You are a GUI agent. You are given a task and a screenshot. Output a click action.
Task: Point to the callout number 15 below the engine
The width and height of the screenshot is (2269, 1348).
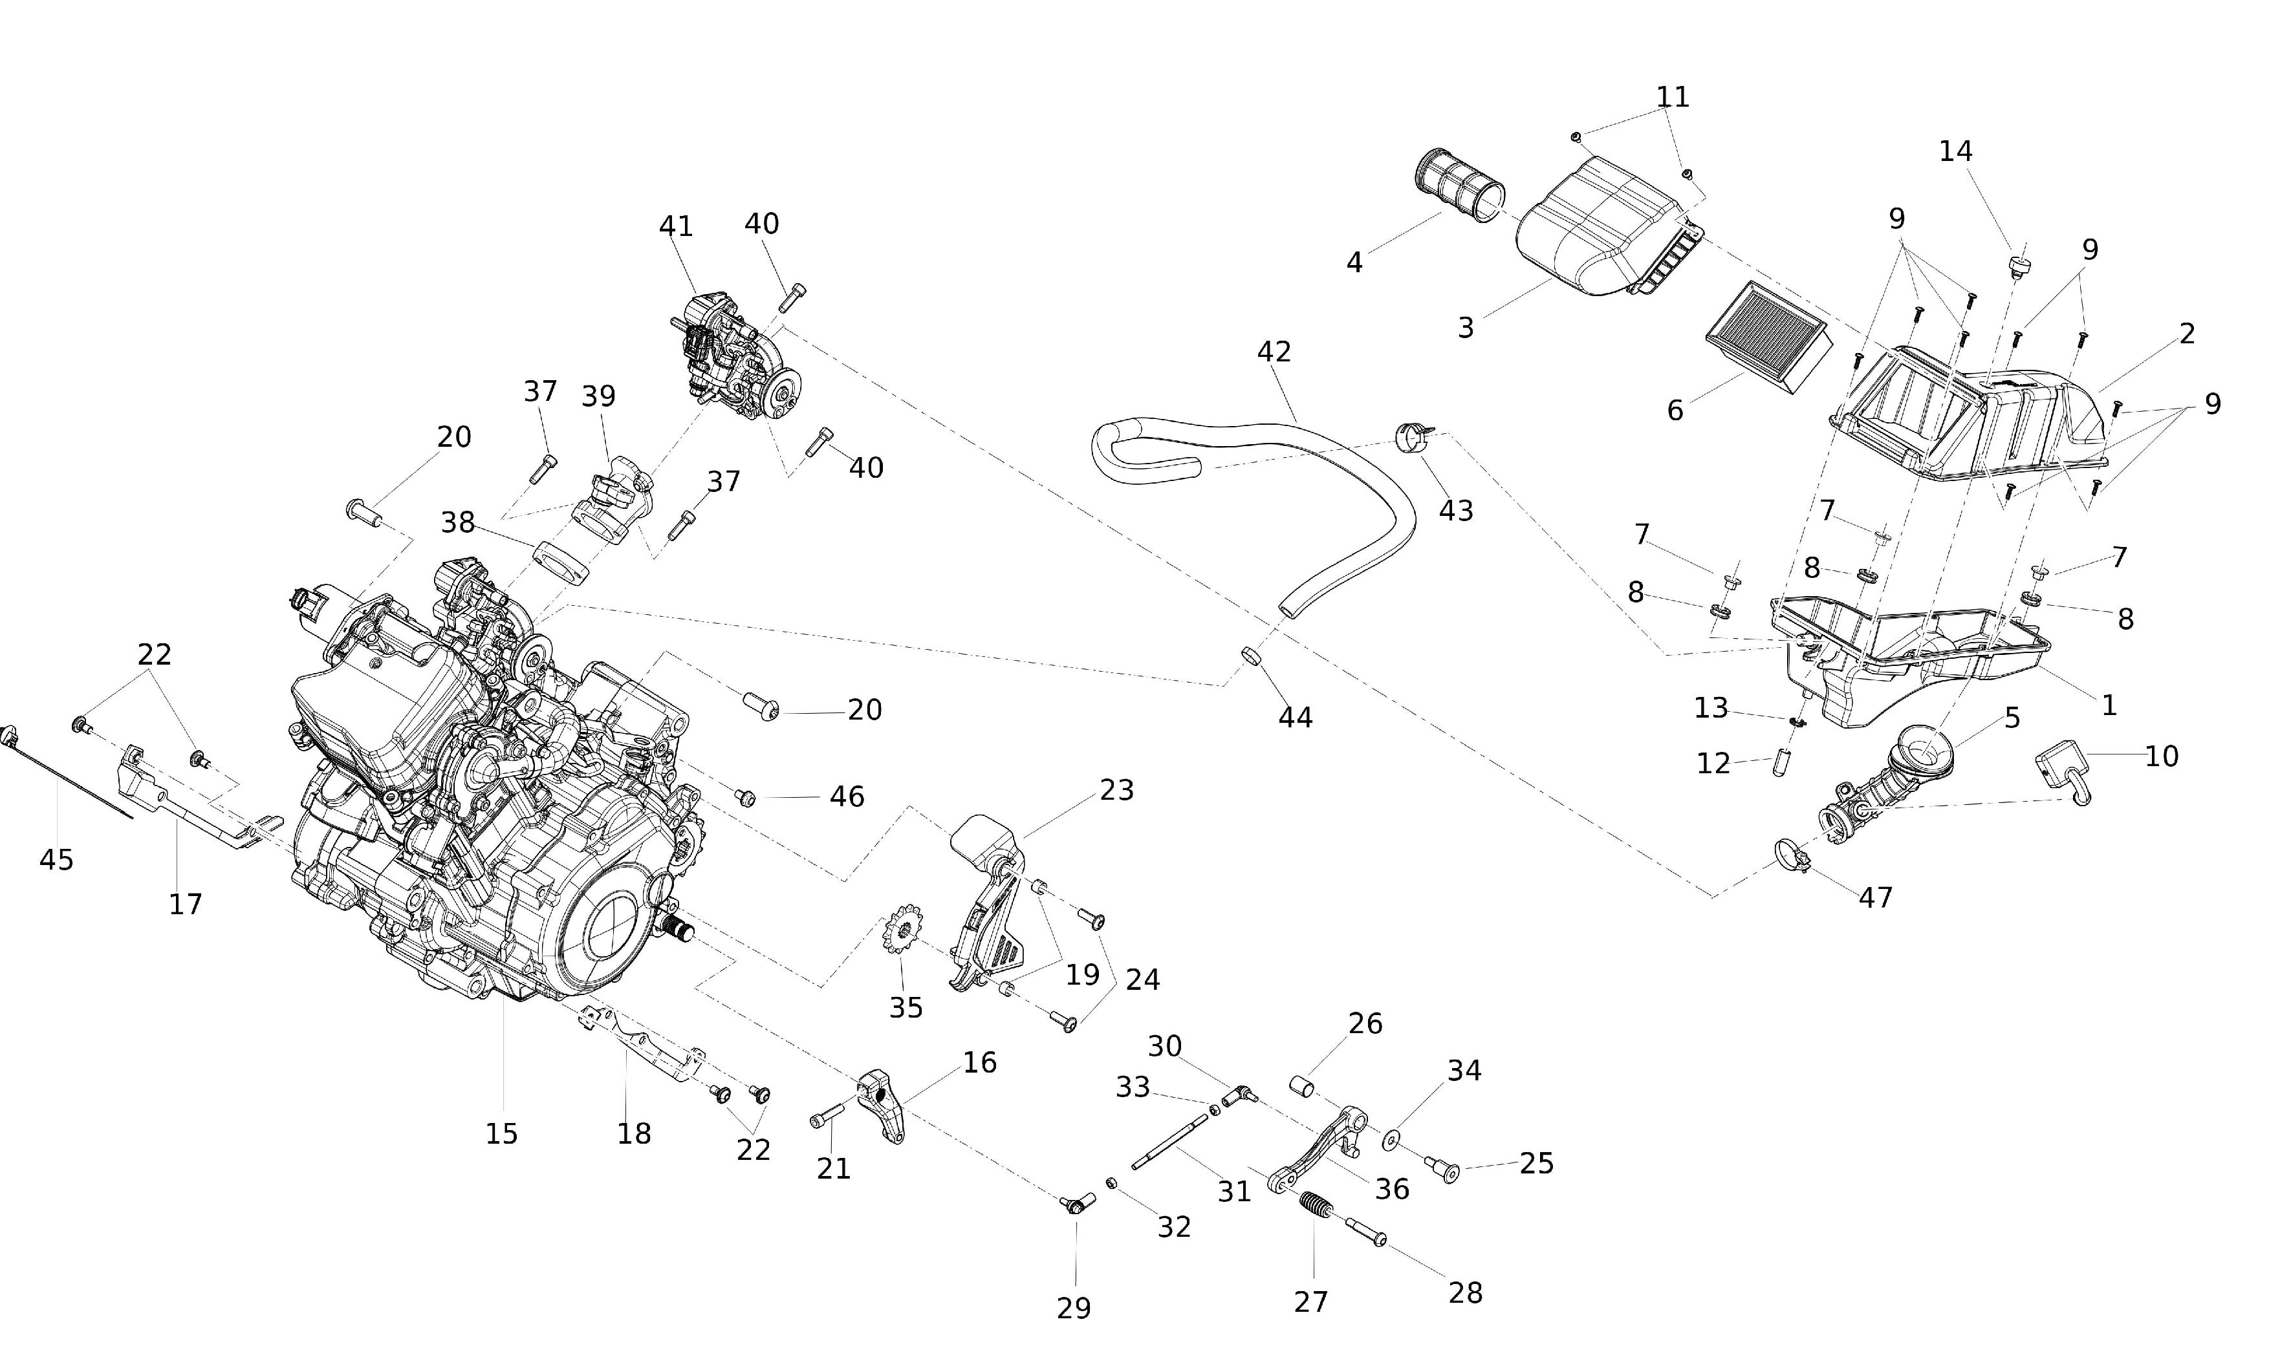501,1133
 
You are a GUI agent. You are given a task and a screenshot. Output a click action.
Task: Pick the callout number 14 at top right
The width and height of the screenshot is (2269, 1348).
1955,151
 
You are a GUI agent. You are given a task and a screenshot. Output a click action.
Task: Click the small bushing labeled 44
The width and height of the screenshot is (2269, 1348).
1250,655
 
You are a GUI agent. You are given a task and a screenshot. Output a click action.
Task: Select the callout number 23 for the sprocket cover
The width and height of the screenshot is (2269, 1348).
1117,790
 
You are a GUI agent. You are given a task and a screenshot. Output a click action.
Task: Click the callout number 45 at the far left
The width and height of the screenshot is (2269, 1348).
56,859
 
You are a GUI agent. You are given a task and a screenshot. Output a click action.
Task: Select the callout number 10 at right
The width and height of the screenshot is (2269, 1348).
2161,756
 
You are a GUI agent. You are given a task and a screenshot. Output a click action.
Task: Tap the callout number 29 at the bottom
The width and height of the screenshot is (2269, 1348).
1073,1308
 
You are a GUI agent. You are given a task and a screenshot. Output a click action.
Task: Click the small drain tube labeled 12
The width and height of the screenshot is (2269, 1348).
1779,764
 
